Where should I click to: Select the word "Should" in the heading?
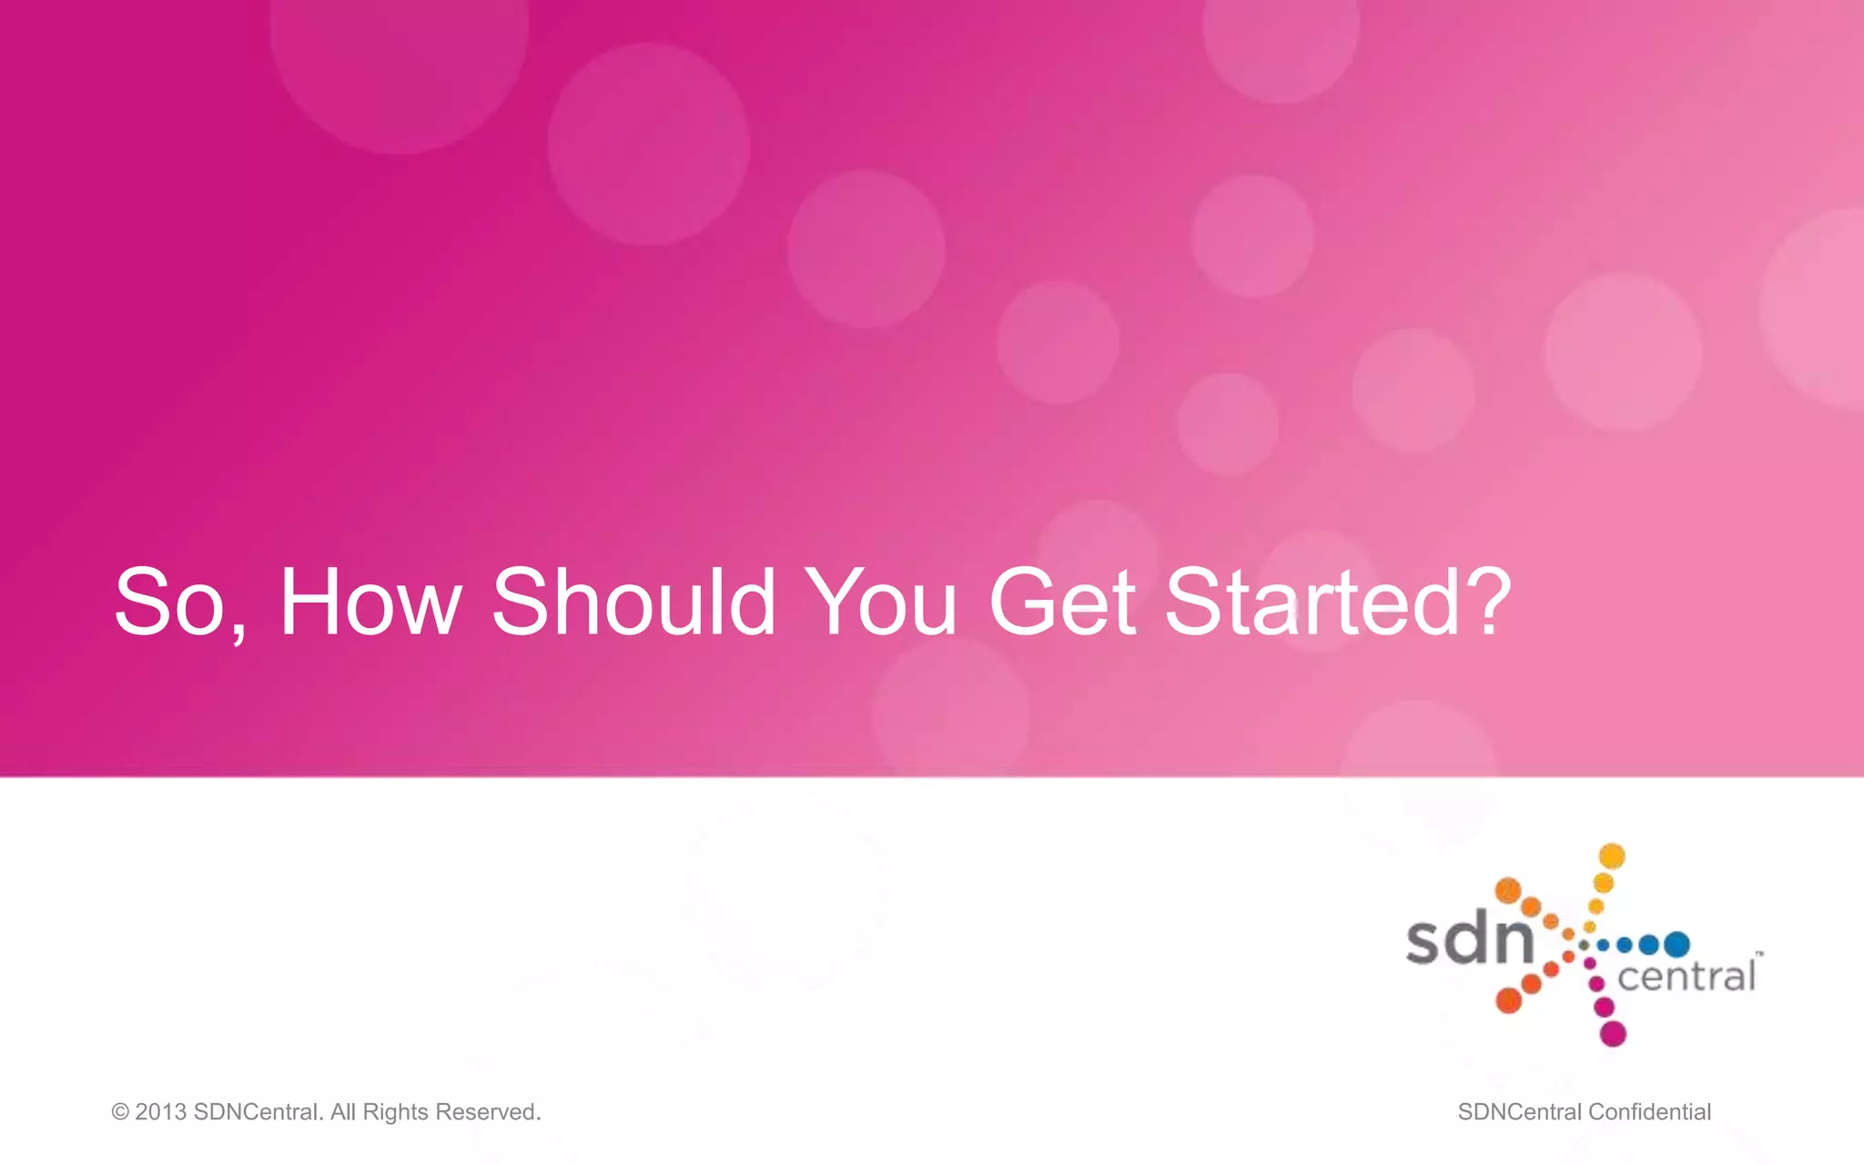(633, 603)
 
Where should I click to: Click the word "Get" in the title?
(1062, 603)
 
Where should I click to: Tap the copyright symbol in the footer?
(120, 1112)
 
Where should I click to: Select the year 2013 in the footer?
(161, 1112)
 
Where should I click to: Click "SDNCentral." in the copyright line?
(258, 1112)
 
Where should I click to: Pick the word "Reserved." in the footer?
(489, 1112)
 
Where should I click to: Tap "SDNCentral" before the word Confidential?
(1519, 1112)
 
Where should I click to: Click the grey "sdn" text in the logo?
(1469, 939)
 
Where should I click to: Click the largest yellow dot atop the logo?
(1612, 856)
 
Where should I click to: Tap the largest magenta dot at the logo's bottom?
(1613, 1034)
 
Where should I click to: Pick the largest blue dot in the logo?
(1677, 945)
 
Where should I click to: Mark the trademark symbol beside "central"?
(1759, 954)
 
